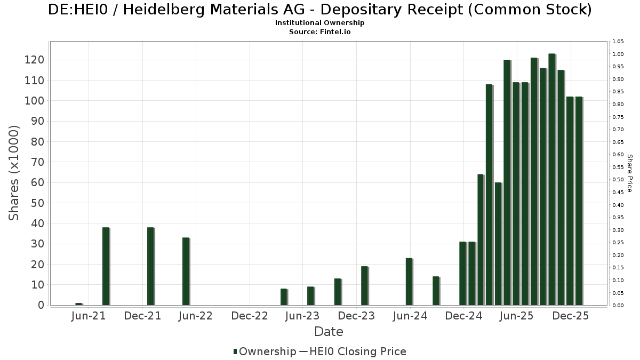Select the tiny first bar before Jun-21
[78, 304]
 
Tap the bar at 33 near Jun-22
[186, 271]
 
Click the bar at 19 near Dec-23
[364, 286]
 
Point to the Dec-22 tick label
[249, 316]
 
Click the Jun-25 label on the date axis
[516, 316]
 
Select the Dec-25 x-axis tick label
[570, 316]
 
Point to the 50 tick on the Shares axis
[36, 203]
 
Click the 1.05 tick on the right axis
[618, 42]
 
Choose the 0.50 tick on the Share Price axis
[618, 180]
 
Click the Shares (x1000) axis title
[14, 173]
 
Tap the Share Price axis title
[629, 173]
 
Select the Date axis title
[329, 332]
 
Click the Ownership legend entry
[265, 351]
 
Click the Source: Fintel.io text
[320, 32]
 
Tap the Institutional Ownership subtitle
[320, 23]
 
